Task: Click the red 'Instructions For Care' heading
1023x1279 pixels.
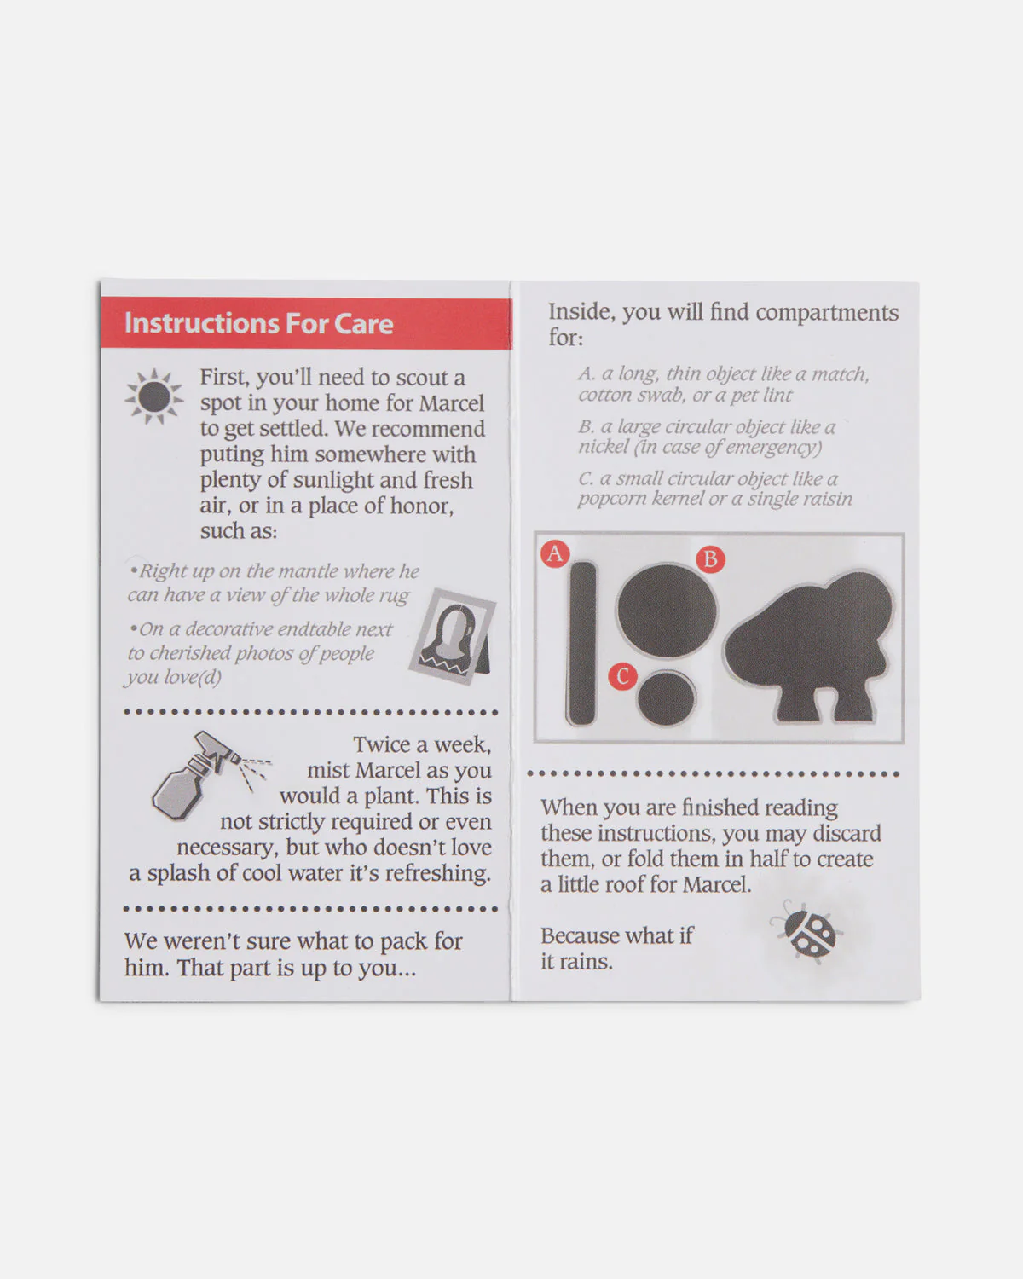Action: pyautogui.click(x=258, y=323)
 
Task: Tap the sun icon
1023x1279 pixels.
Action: pyautogui.click(x=154, y=396)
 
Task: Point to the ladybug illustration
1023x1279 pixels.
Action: pyautogui.click(x=806, y=931)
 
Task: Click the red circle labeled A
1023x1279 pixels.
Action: pyautogui.click(x=555, y=553)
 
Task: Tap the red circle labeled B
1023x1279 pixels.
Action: pyautogui.click(x=710, y=559)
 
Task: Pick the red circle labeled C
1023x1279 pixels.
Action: pyautogui.click(x=622, y=677)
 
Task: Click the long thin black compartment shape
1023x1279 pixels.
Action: pyautogui.click(x=582, y=643)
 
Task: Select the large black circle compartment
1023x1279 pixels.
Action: pyautogui.click(x=666, y=610)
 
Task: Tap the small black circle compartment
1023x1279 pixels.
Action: pyautogui.click(x=666, y=697)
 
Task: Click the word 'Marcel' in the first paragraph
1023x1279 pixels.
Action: pyautogui.click(x=451, y=403)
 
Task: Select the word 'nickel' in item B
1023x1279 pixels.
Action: pyautogui.click(x=604, y=447)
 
